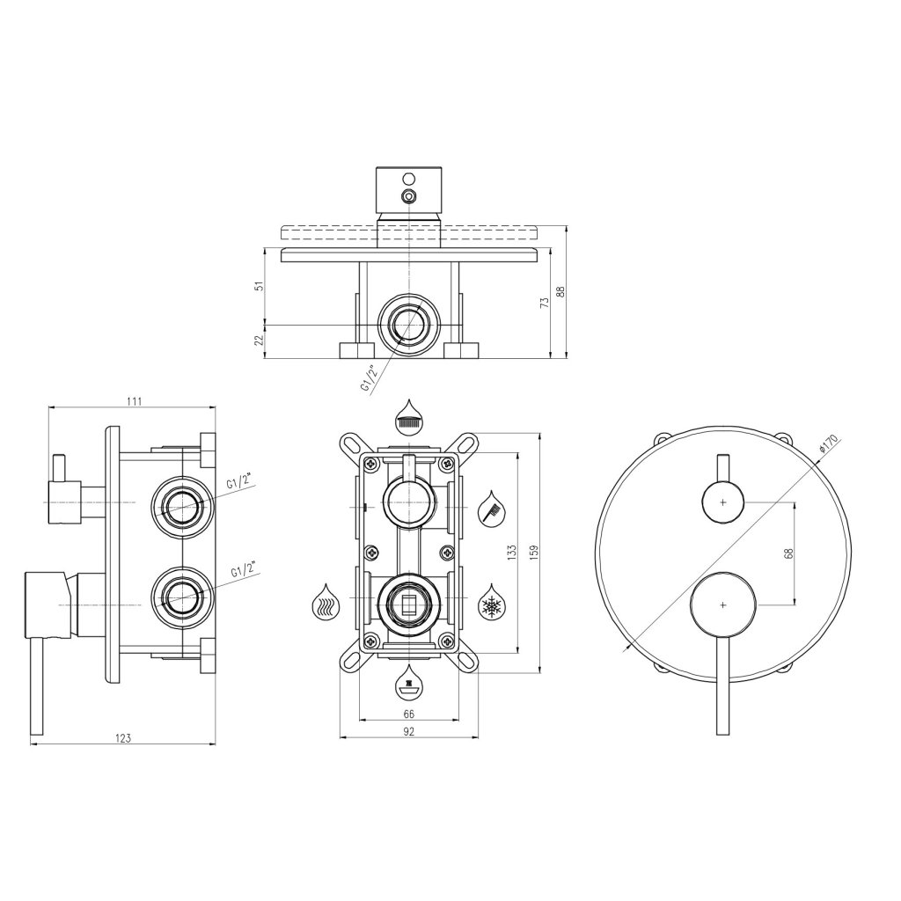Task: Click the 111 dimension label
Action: pyautogui.click(x=134, y=401)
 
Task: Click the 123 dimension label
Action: pyautogui.click(x=123, y=737)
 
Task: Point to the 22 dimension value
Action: pyautogui.click(x=257, y=341)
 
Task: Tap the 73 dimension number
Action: pyautogui.click(x=546, y=302)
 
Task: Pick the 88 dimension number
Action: pyautogui.click(x=560, y=292)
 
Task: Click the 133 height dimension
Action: pyautogui.click(x=511, y=553)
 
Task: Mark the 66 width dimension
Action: pyautogui.click(x=408, y=714)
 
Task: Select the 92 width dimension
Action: pyautogui.click(x=408, y=731)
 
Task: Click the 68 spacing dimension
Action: pyautogui.click(x=788, y=553)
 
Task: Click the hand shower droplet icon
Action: pyautogui.click(x=491, y=507)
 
